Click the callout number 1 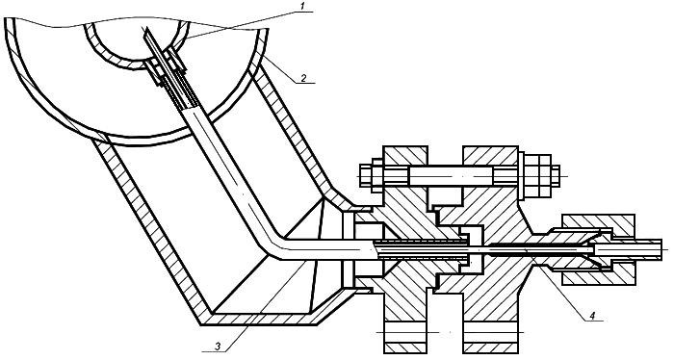pos(302,5)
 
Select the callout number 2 pos(302,78)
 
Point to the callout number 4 pos(592,316)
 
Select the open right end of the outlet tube pos(662,249)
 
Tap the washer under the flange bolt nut pos(522,176)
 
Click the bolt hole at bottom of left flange pos(405,332)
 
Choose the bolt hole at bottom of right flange pos(490,332)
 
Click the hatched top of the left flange pos(405,156)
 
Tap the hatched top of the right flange pos(490,156)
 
